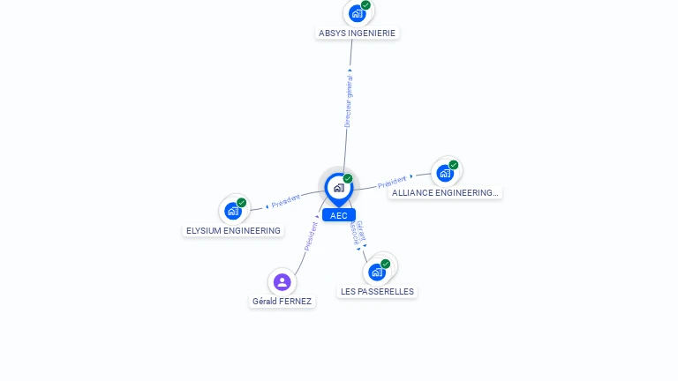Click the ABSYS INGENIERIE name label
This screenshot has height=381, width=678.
pyautogui.click(x=357, y=34)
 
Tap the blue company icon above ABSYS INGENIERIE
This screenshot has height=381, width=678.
pyautogui.click(x=358, y=14)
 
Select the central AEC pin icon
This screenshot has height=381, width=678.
pyautogui.click(x=339, y=189)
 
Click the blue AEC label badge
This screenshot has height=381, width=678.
pyautogui.click(x=339, y=215)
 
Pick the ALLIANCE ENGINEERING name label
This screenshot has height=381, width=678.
pyautogui.click(x=445, y=192)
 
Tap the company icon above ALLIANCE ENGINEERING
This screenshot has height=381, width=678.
pyautogui.click(x=445, y=173)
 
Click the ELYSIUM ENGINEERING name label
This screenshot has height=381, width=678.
pyautogui.click(x=233, y=231)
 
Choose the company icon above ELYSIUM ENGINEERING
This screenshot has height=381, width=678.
pyautogui.click(x=233, y=212)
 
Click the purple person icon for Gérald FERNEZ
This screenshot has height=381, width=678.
pyautogui.click(x=282, y=282)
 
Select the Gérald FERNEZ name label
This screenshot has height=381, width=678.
pyautogui.click(x=282, y=301)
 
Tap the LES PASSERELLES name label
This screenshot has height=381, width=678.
pyautogui.click(x=377, y=292)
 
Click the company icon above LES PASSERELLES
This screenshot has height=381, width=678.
pyautogui.click(x=377, y=273)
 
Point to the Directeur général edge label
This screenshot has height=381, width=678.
pyautogui.click(x=348, y=101)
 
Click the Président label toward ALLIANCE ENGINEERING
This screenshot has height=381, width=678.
pyautogui.click(x=392, y=182)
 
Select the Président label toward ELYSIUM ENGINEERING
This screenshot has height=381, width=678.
pyautogui.click(x=286, y=201)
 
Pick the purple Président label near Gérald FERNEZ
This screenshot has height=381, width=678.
pyautogui.click(x=311, y=236)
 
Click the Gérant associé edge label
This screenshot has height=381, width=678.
pyautogui.click(x=358, y=233)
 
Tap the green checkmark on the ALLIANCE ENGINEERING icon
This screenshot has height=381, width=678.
pyautogui.click(x=453, y=165)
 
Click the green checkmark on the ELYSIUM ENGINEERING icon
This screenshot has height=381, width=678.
pyautogui.click(x=241, y=203)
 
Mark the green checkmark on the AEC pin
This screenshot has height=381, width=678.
pyautogui.click(x=348, y=178)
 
